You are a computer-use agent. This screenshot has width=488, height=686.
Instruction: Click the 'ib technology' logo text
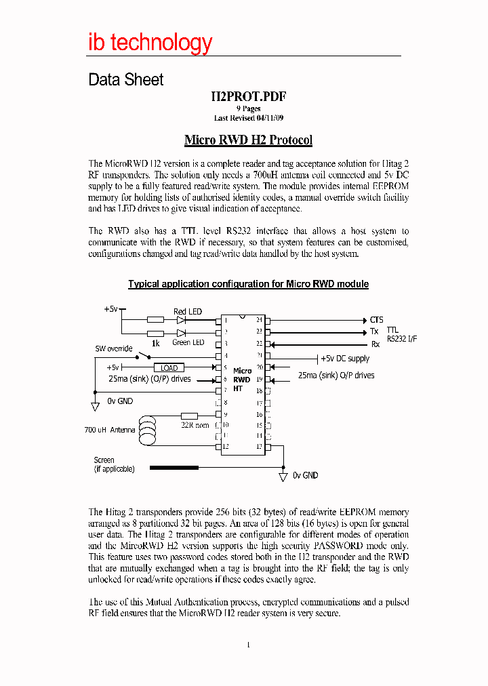(150, 43)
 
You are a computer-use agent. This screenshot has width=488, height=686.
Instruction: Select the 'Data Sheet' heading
(126, 80)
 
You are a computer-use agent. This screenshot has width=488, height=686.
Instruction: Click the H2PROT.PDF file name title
(248, 96)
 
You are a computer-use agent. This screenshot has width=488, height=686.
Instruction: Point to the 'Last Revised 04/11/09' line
(248, 118)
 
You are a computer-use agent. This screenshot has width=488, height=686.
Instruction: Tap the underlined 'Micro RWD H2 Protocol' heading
(248, 140)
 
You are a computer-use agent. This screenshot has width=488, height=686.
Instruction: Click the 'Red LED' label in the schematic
(187, 312)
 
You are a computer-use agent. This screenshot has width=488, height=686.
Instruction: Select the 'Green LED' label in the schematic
(188, 342)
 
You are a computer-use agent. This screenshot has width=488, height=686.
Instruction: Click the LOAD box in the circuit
(169, 367)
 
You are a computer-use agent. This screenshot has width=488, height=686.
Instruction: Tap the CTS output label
(376, 320)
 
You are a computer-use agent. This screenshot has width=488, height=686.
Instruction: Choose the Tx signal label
(374, 331)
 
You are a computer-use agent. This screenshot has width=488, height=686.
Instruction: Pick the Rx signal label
(375, 344)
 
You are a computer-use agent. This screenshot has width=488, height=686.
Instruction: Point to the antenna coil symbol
(146, 433)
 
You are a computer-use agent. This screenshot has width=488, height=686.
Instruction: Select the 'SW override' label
(113, 348)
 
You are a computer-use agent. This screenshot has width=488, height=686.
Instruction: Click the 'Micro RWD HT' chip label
(242, 380)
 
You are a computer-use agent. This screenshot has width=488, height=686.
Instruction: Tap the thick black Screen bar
(174, 467)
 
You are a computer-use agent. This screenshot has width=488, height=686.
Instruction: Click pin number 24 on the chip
(259, 319)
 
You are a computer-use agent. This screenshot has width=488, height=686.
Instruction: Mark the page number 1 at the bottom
(248, 644)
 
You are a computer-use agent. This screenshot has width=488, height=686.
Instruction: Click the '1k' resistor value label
(155, 343)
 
